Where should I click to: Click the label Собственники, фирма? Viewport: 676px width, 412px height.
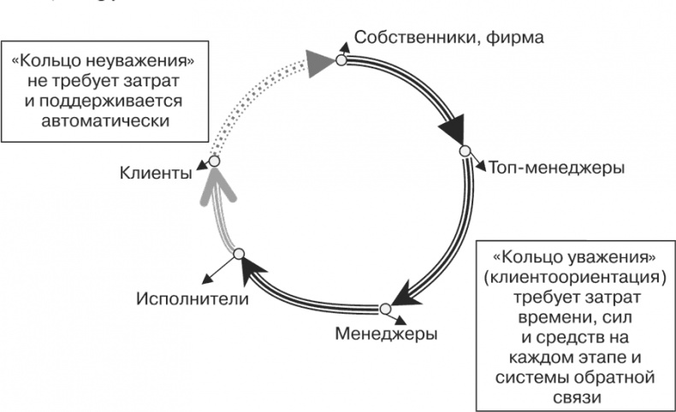pyautogui.click(x=449, y=37)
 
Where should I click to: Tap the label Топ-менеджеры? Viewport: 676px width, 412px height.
pyautogui.click(x=556, y=167)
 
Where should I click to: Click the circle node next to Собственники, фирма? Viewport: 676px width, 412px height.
pyautogui.click(x=341, y=60)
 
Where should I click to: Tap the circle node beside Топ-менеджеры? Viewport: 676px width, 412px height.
pyautogui.click(x=465, y=150)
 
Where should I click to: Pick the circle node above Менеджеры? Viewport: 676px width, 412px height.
pyautogui.click(x=386, y=308)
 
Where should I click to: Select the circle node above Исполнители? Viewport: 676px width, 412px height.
pyautogui.click(x=240, y=254)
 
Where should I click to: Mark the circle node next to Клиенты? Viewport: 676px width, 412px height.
pyautogui.click(x=214, y=161)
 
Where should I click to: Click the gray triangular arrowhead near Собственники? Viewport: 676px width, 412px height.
pyautogui.click(x=318, y=62)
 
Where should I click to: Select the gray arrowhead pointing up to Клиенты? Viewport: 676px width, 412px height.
pyautogui.click(x=217, y=184)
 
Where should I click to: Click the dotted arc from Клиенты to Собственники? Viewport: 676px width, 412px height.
pyautogui.click(x=248, y=98)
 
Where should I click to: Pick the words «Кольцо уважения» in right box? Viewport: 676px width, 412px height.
pyautogui.click(x=574, y=257)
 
